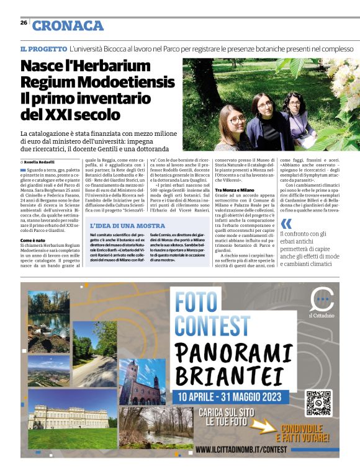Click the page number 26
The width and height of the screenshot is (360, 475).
(x=23, y=22)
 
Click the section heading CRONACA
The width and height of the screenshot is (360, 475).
(x=68, y=25)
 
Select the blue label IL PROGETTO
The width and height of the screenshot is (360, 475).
(x=43, y=48)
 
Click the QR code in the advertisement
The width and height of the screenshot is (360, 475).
(x=318, y=402)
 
